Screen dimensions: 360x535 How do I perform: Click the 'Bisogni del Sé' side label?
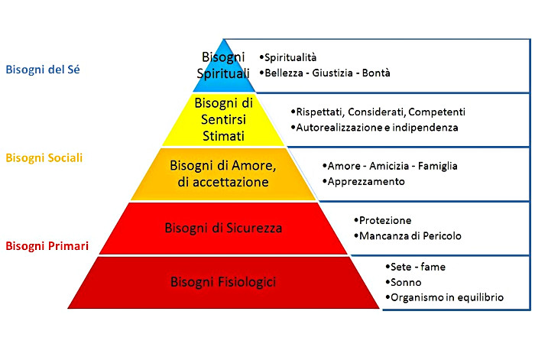click(43, 70)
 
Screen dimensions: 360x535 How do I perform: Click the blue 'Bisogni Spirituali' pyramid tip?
click(224, 64)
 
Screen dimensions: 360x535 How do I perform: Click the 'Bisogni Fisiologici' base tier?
click(224, 282)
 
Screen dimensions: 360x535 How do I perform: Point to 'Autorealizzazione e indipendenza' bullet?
click(377, 128)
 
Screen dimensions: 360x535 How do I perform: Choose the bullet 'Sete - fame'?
click(417, 267)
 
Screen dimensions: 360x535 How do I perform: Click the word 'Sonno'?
click(406, 282)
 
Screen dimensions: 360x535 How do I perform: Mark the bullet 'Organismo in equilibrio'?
click(446, 297)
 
